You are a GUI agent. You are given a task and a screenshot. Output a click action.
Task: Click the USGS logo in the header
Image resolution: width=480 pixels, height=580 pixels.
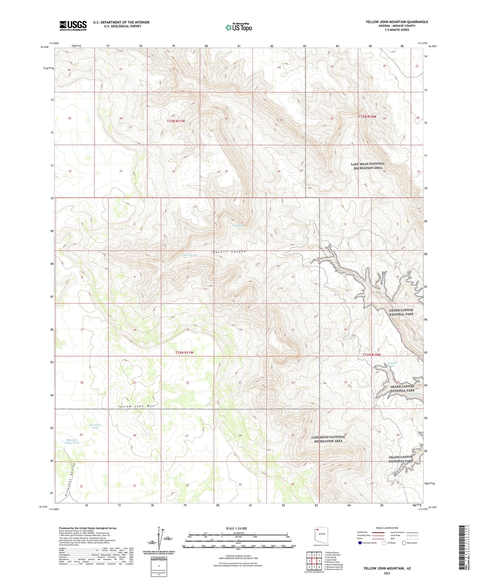pos(73,26)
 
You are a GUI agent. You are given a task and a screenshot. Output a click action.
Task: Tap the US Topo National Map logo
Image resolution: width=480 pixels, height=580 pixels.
pos(238,27)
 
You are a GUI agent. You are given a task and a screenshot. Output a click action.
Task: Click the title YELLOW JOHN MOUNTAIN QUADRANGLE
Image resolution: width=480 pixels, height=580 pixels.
pos(397,22)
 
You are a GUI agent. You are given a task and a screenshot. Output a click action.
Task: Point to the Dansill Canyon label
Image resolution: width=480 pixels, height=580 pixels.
pos(229,252)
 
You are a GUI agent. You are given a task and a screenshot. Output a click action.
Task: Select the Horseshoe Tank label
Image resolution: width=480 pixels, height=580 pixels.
pos(94,426)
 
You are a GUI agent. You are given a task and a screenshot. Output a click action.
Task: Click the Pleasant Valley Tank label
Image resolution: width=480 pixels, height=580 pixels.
pos(71,441)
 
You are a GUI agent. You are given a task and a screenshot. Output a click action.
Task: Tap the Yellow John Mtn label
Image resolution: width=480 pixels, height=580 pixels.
pos(136,406)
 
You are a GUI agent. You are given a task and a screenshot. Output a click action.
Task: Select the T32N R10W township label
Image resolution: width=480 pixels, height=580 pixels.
pos(371,355)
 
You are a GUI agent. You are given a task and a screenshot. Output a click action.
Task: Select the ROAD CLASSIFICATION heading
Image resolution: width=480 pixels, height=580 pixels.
pos(387,528)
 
